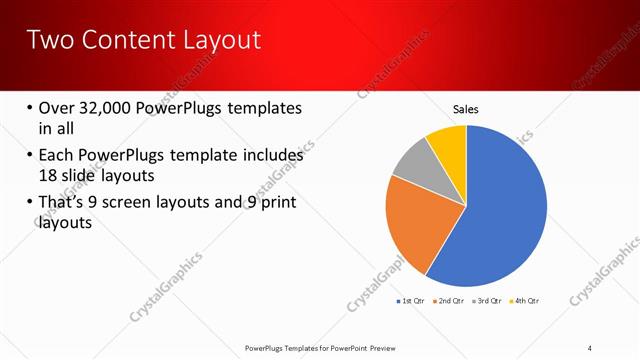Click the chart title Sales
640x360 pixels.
click(x=466, y=108)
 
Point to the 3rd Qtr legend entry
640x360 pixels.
click(x=489, y=301)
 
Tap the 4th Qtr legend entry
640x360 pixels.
click(x=525, y=301)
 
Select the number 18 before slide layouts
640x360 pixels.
click(x=48, y=175)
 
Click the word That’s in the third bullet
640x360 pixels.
click(x=63, y=203)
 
